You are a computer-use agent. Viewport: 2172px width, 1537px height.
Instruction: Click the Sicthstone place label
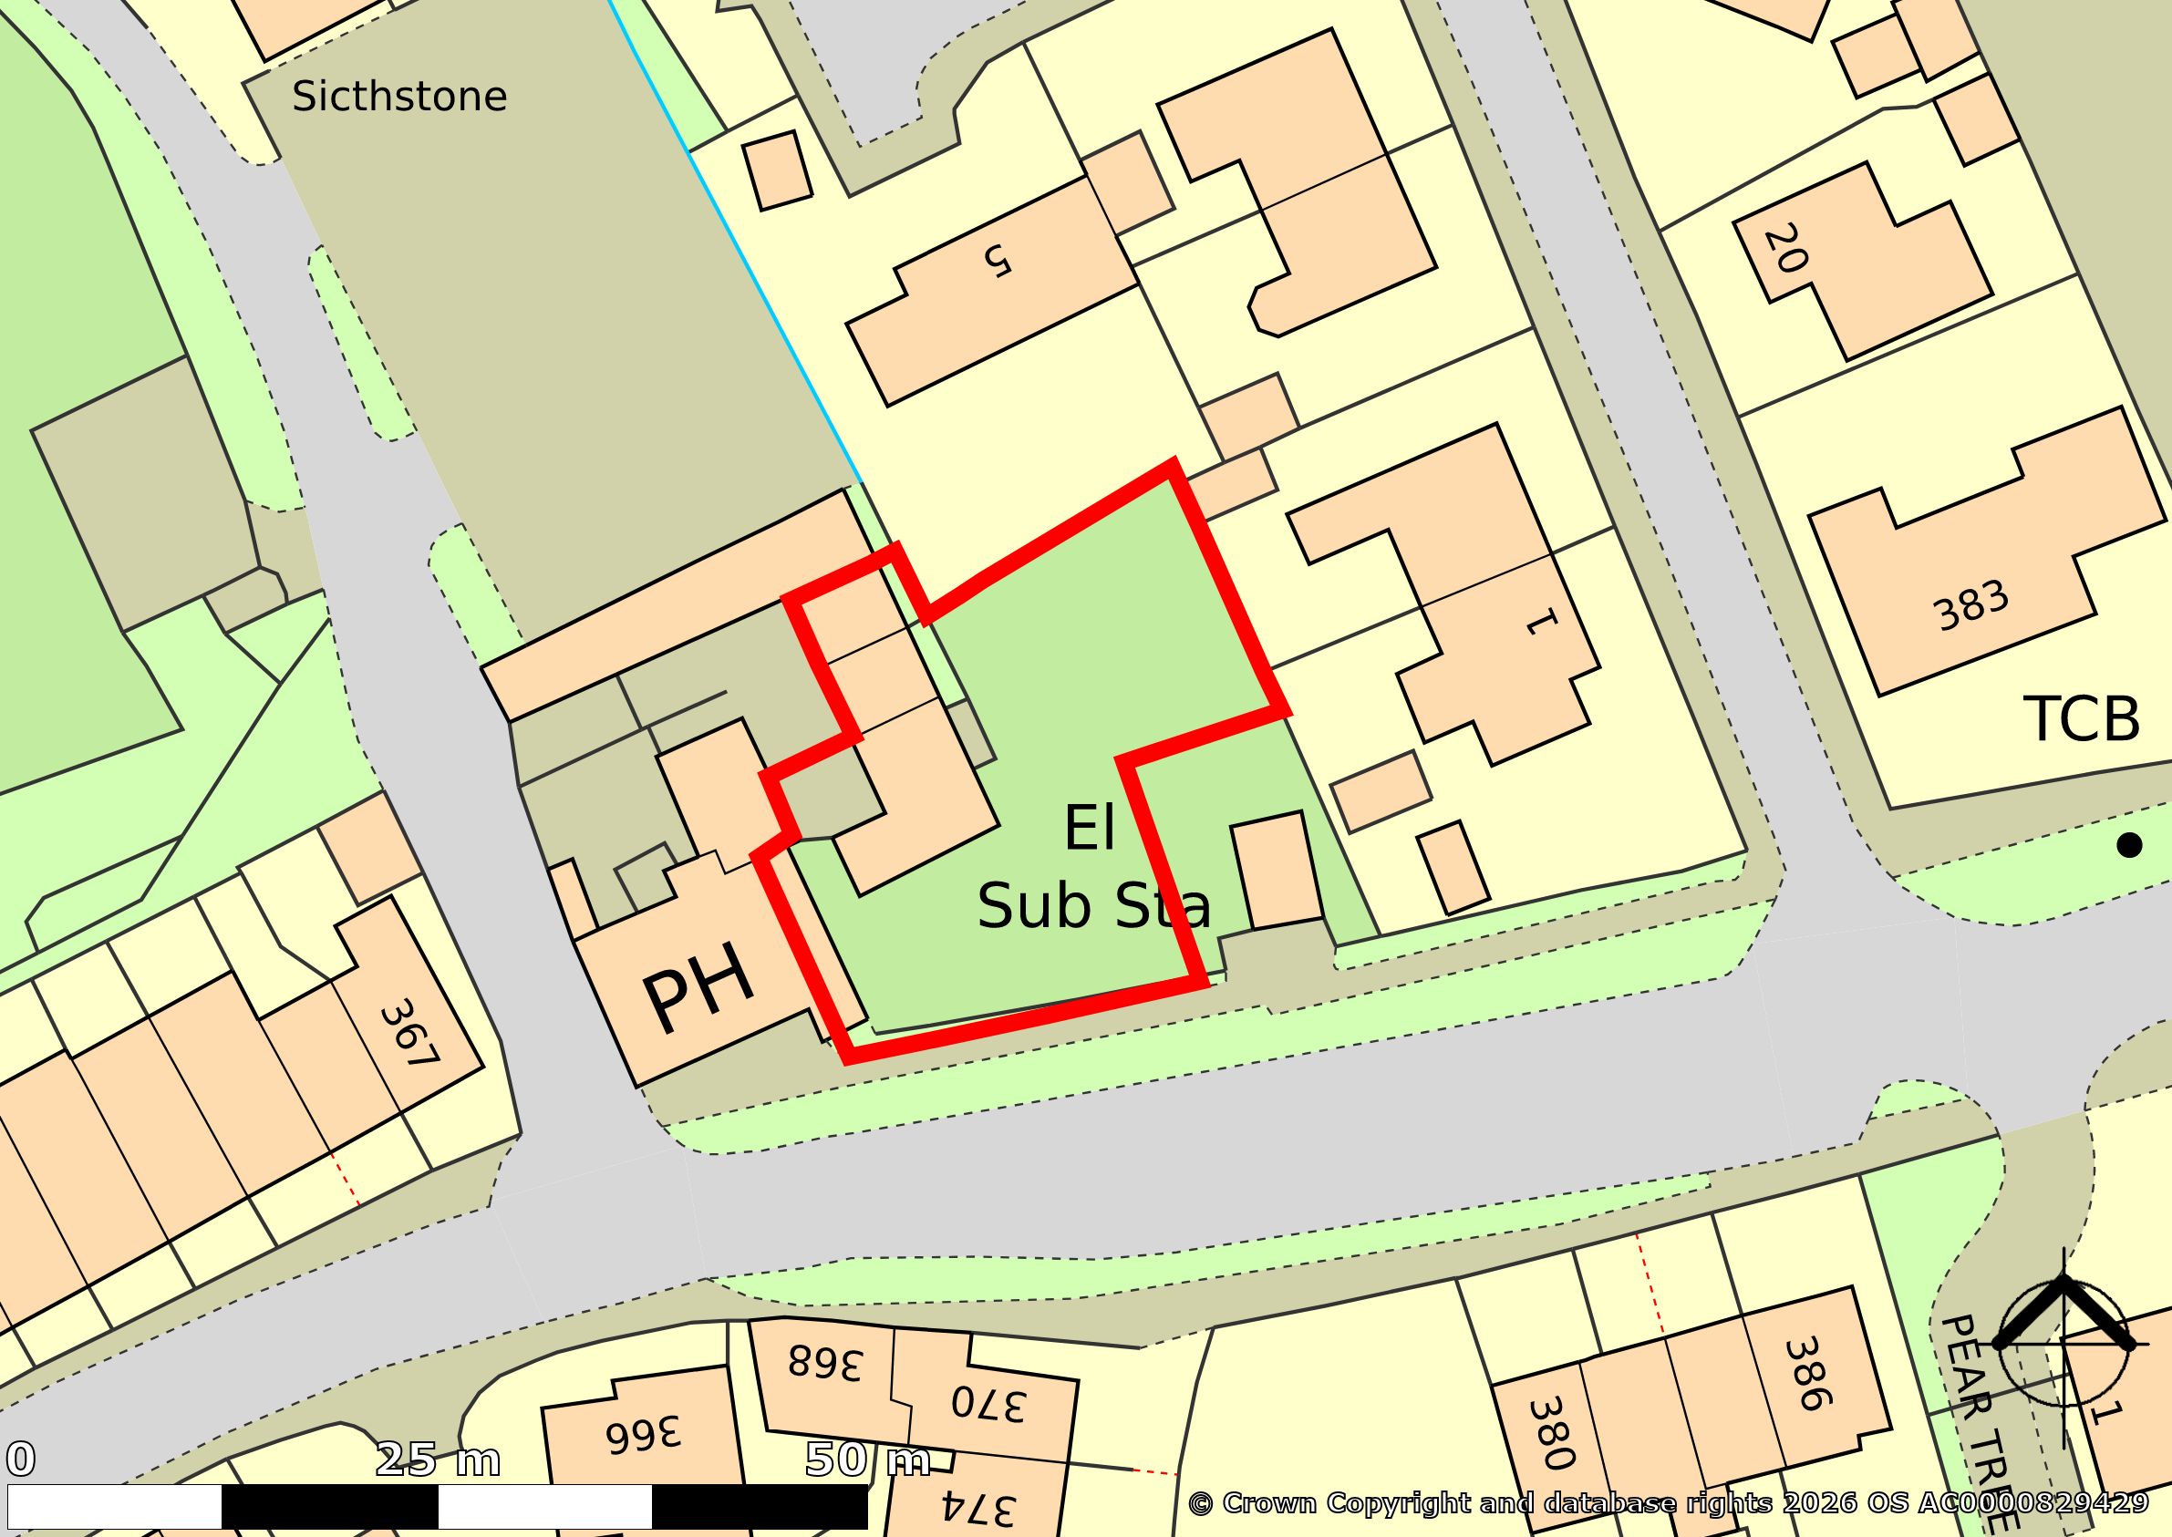point(399,98)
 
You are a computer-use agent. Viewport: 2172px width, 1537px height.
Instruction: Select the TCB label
point(2081,720)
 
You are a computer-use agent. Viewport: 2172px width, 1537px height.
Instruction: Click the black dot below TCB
point(2129,844)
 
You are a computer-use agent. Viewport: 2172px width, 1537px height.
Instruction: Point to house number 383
point(1971,605)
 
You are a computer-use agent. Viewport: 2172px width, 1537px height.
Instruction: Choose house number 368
point(824,1364)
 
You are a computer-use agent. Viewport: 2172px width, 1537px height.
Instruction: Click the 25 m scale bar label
point(438,1460)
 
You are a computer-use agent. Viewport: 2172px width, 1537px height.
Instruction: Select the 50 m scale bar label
point(866,1460)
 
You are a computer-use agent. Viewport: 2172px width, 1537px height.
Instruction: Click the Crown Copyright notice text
point(1668,1503)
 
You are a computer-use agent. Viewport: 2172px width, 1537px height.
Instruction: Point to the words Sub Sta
point(1093,906)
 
